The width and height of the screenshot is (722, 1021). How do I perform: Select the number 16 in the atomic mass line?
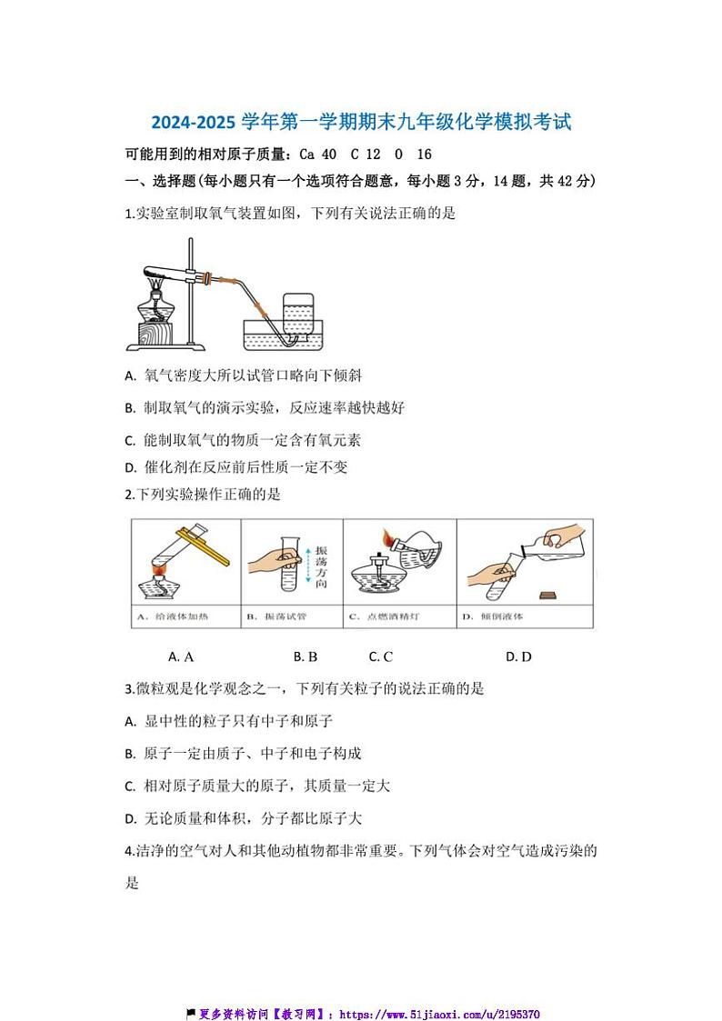[424, 155]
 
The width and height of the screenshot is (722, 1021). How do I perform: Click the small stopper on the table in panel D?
[547, 596]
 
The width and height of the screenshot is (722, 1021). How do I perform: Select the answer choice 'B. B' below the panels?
[306, 656]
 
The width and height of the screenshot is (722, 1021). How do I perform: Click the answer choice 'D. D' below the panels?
[518, 656]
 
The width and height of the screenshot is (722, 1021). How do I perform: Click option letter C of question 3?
[131, 786]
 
